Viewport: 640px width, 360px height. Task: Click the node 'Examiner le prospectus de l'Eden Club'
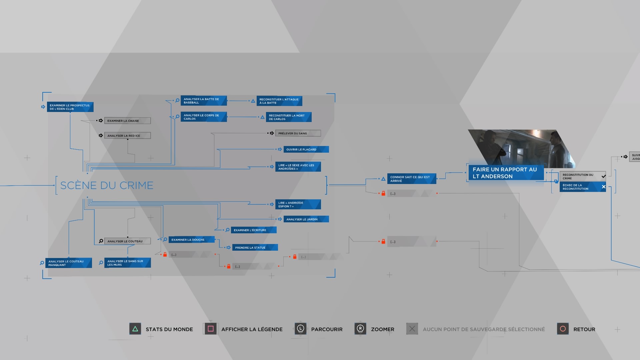[70, 107]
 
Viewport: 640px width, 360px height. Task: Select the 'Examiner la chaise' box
[127, 121]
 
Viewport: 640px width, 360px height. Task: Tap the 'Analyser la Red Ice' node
[127, 136]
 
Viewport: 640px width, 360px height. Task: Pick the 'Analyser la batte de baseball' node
[204, 101]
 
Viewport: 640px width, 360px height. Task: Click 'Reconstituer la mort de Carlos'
[289, 117]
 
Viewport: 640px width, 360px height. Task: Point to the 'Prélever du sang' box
[298, 133]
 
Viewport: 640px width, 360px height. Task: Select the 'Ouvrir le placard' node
[306, 149]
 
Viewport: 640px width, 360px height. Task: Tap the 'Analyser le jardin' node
[306, 219]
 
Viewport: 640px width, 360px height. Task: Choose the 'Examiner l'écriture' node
[253, 230]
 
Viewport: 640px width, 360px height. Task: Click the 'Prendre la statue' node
[255, 247]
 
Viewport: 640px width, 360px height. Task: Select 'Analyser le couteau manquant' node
[69, 263]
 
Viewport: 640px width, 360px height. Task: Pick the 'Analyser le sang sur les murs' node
[127, 263]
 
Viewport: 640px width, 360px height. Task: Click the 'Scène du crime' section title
[107, 185]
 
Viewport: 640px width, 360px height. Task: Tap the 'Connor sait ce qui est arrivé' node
[412, 179]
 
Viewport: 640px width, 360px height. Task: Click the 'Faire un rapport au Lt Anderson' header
[505, 173]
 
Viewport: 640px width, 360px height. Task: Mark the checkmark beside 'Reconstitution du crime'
[603, 176]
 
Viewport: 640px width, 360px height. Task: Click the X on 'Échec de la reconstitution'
[603, 187]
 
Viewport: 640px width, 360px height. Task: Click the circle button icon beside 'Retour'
[563, 329]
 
